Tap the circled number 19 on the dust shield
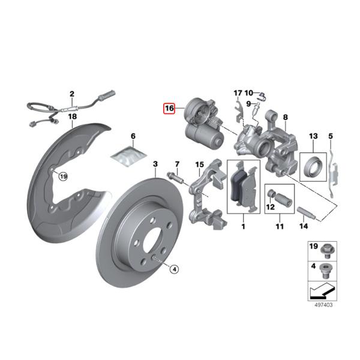point(64,176)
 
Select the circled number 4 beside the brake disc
point(174,269)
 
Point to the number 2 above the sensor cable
point(72,94)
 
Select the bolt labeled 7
point(174,178)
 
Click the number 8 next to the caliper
point(286,117)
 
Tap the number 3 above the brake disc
point(155,164)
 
